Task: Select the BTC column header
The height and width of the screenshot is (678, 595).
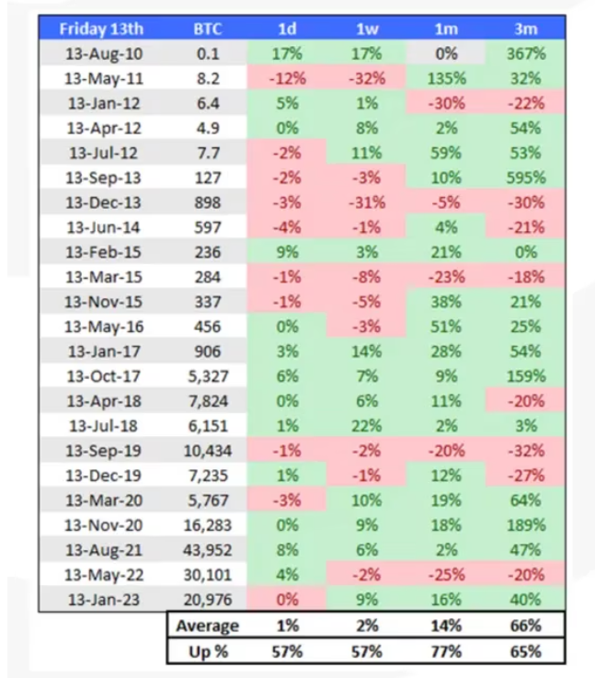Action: (x=206, y=29)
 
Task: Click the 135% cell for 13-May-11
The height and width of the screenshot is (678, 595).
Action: (x=446, y=78)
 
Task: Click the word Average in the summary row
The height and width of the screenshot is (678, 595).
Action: (x=208, y=626)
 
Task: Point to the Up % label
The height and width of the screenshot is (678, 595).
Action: (x=208, y=651)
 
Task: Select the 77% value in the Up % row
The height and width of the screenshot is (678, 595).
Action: (x=446, y=651)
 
